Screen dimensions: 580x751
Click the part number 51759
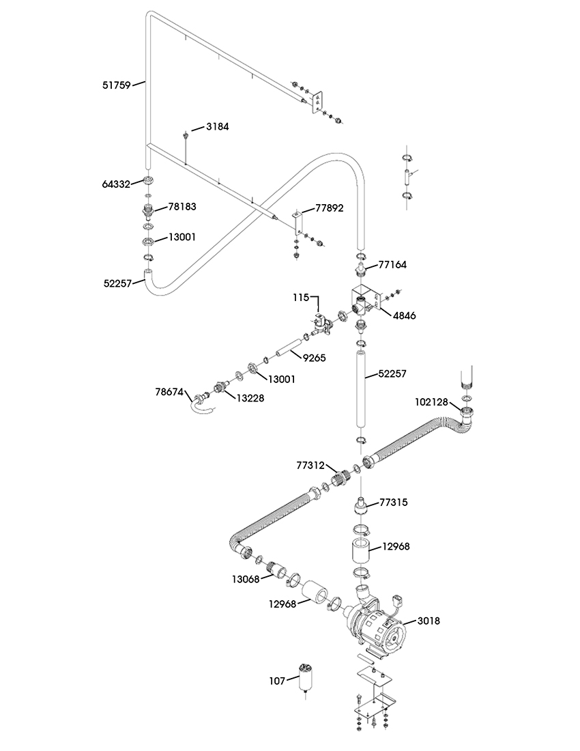tap(116, 86)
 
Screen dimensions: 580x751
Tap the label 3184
tap(217, 127)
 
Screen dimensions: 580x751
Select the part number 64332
tap(116, 184)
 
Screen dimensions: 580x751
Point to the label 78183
tap(182, 207)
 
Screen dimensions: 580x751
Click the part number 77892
tap(330, 208)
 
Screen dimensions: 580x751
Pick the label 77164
tap(392, 264)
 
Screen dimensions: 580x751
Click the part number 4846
tap(405, 315)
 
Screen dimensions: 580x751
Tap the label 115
tap(301, 298)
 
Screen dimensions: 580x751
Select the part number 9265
tap(315, 357)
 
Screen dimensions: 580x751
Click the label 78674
tap(169, 392)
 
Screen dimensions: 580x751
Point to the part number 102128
tap(431, 402)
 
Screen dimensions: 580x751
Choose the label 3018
tap(429, 621)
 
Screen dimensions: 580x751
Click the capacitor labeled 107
tap(305, 677)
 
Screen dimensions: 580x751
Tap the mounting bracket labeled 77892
tap(297, 222)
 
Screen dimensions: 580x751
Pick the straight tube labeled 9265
tap(289, 348)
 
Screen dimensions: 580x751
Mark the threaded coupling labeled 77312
tap(340, 477)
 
